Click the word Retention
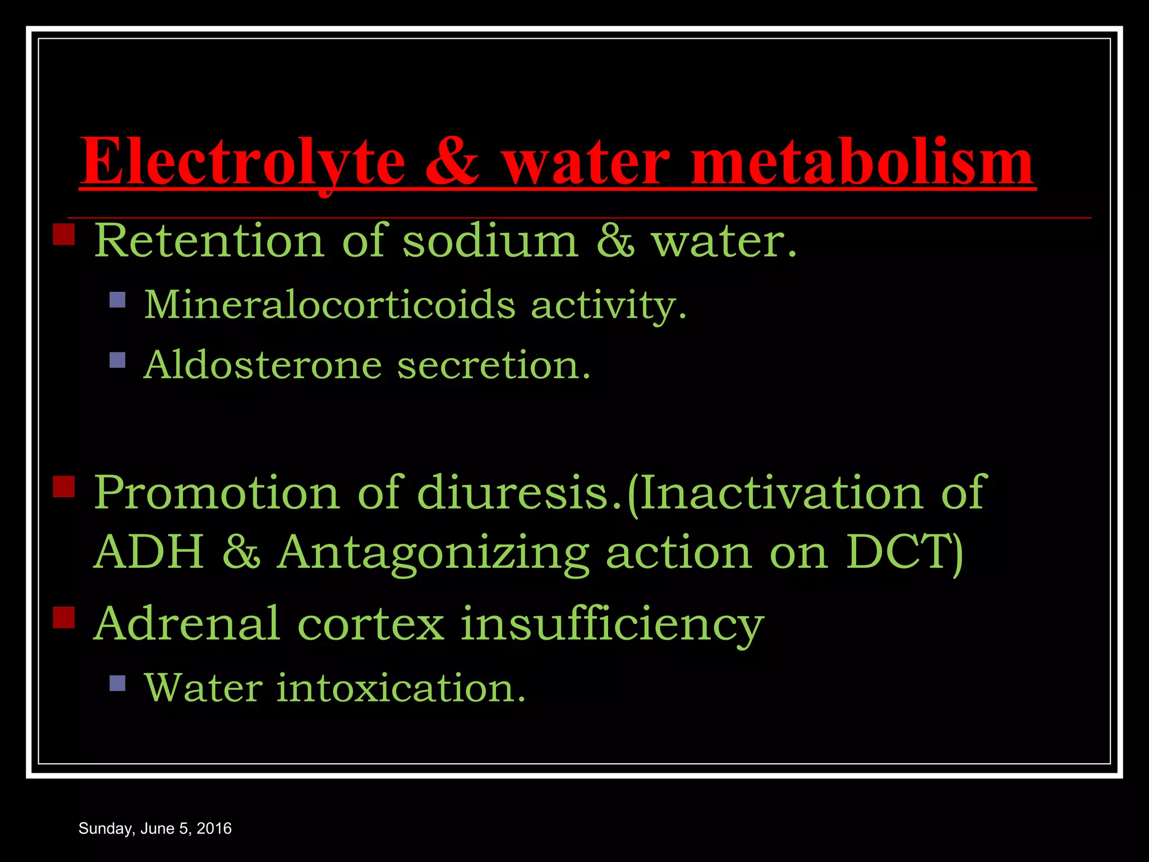209,241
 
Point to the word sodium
490,241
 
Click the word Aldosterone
263,365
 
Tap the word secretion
494,365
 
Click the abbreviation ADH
149,552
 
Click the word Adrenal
187,623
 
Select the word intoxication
401,688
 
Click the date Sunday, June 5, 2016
155,828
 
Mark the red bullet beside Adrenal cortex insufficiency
64,617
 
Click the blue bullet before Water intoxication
117,682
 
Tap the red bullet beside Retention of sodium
64,235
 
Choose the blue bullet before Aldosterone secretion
117,360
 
